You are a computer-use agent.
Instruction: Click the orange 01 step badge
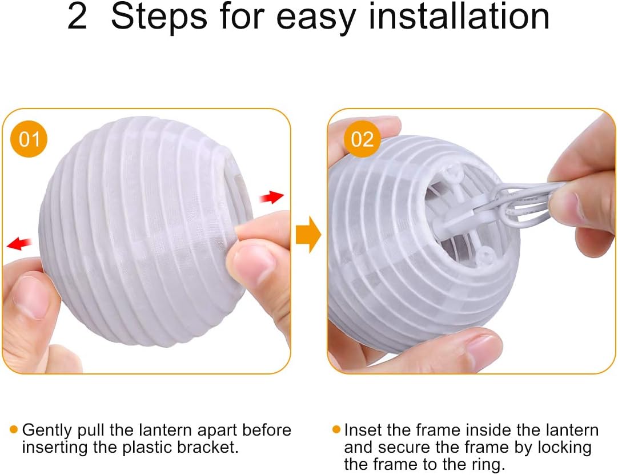pos(29,139)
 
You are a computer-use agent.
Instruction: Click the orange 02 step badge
pos(362,139)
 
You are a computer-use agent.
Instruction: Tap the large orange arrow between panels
pos(308,234)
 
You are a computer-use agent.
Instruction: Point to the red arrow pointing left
pos(19,243)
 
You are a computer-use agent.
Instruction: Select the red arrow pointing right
pos(271,196)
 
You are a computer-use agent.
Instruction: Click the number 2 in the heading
pos(77,17)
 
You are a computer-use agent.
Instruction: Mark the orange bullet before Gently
pos(14,429)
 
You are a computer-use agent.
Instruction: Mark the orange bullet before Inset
pos(336,429)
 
